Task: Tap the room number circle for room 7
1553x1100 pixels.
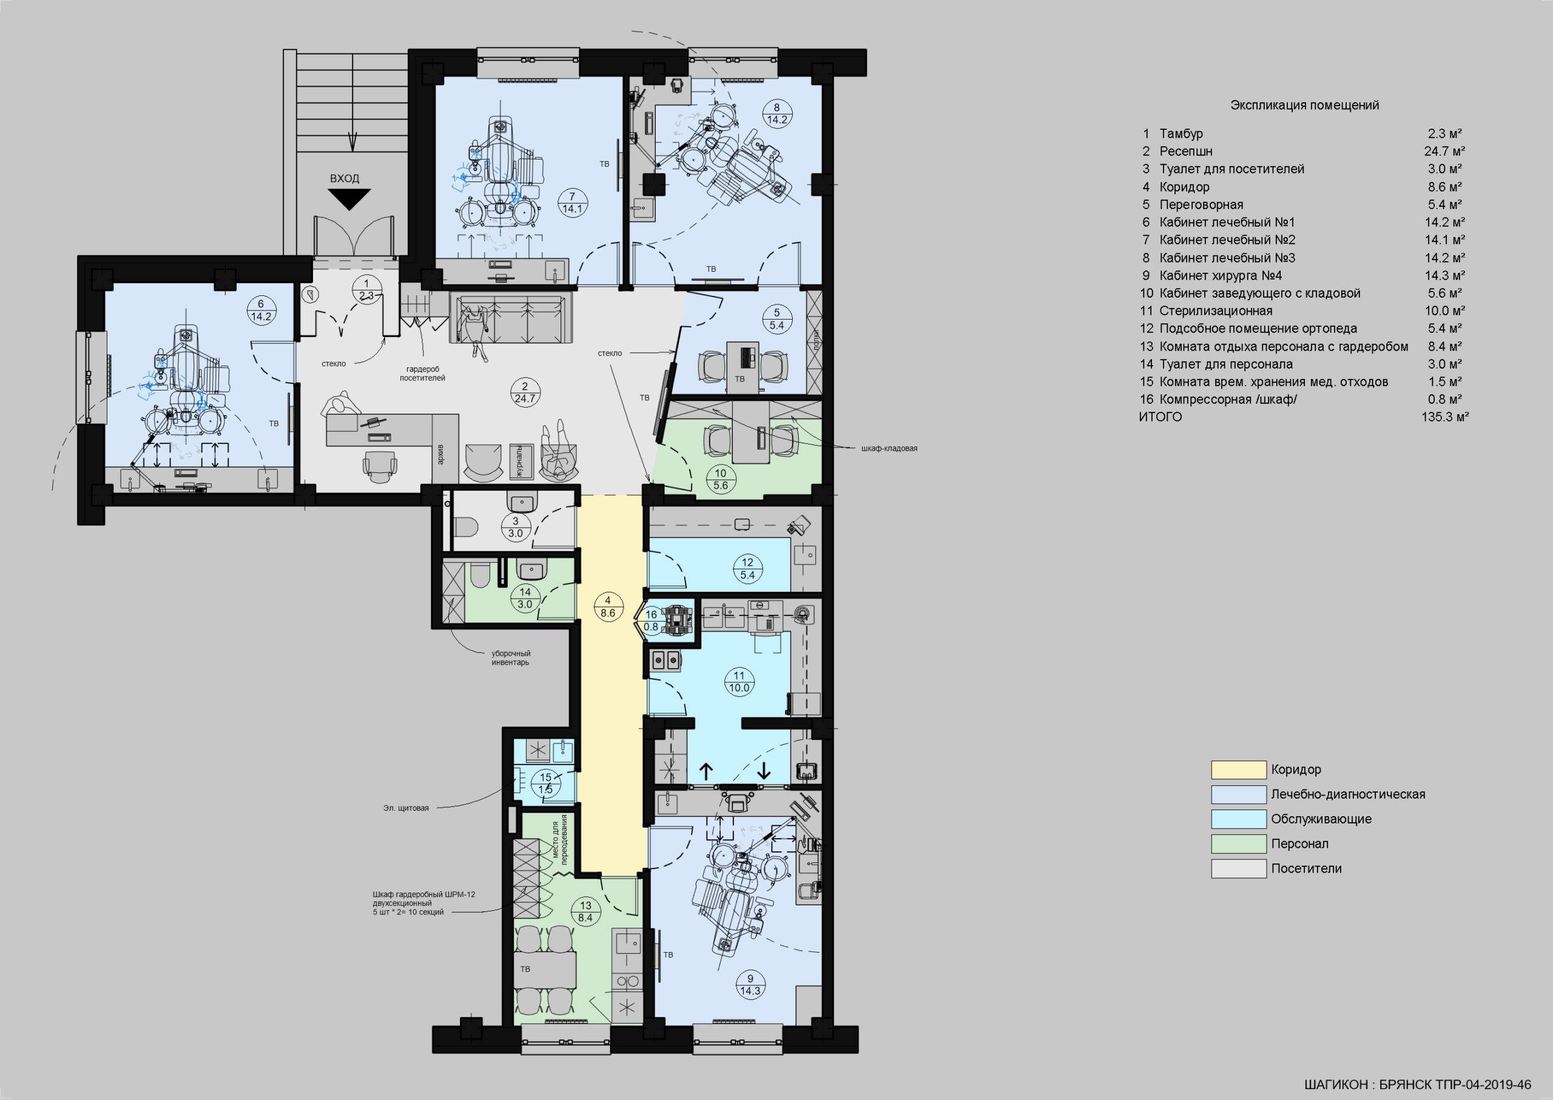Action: [573, 203]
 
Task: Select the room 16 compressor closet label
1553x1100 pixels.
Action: [651, 620]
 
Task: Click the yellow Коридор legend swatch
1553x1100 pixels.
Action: [1239, 770]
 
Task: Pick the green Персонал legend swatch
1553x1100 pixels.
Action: [1239, 844]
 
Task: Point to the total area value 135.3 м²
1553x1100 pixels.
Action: [1445, 417]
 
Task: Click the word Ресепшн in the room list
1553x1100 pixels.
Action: [1186, 152]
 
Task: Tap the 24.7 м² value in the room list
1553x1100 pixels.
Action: [1444, 151]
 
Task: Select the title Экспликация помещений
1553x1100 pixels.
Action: [1304, 106]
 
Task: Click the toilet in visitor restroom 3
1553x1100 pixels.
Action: [466, 527]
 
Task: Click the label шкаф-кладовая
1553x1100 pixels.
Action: [889, 448]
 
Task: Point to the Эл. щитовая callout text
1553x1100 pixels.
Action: [406, 808]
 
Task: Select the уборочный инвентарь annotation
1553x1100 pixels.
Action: [511, 658]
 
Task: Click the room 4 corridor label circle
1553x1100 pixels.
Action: [608, 607]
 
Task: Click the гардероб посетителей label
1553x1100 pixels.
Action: [422, 373]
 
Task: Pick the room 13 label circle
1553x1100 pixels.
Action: [585, 911]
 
